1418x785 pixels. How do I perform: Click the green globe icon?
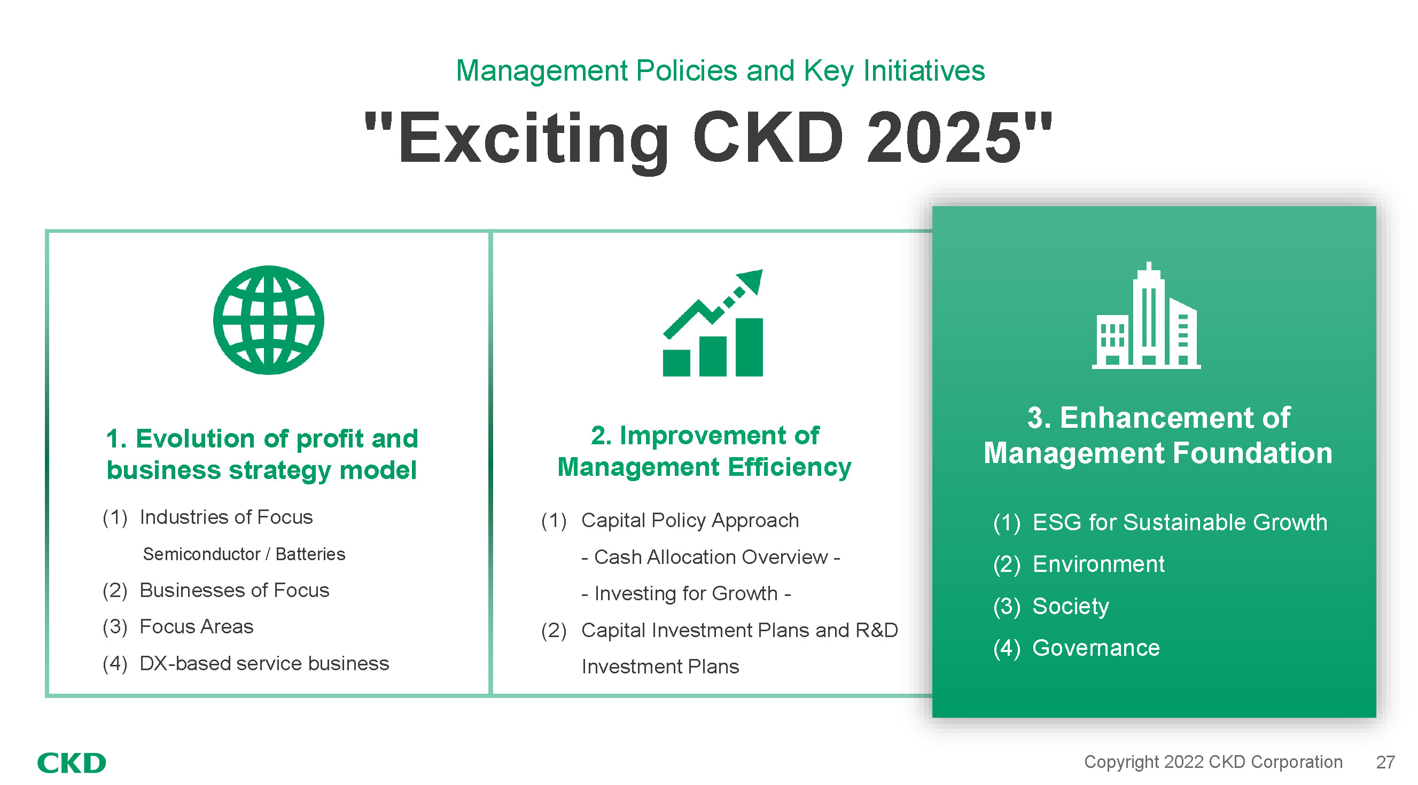pos(269,320)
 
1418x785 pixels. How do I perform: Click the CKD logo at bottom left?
pos(72,763)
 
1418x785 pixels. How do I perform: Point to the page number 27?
pos(1385,763)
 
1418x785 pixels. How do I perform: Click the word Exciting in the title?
pos(533,140)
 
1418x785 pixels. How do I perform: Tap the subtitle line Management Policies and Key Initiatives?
pos(720,71)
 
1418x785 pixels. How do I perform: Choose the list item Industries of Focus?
pos(225,517)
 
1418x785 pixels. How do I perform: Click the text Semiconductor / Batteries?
pos(244,554)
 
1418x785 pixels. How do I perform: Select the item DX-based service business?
pos(264,663)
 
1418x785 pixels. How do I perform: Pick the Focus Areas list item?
pos(197,626)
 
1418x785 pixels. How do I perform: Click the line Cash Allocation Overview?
pos(711,558)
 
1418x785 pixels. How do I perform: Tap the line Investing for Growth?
pos(686,594)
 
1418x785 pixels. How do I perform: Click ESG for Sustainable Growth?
pos(1180,522)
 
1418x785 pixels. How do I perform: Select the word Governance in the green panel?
pos(1096,648)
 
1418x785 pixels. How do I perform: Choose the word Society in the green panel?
pos(1071,606)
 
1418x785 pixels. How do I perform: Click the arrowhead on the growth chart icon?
pos(751,280)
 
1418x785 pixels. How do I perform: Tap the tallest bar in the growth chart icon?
pos(749,347)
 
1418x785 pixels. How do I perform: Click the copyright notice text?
pos(1213,762)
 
